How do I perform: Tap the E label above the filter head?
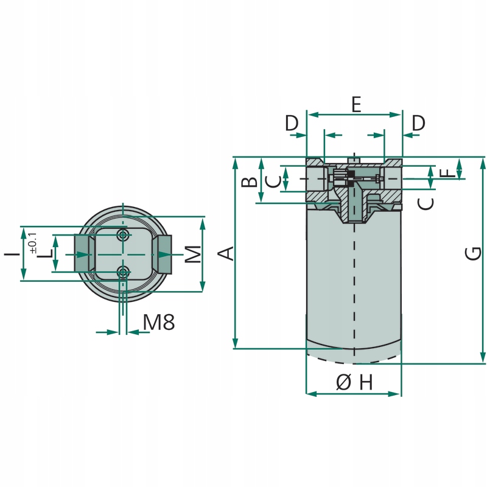356,105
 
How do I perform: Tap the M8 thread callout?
159,323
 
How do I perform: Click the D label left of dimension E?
293,123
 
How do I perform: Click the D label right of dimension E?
418,123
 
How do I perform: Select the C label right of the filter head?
427,202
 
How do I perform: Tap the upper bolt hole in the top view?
124,235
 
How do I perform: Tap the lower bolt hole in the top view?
124,272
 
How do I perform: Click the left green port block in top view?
84,253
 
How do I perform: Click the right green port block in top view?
163,253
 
